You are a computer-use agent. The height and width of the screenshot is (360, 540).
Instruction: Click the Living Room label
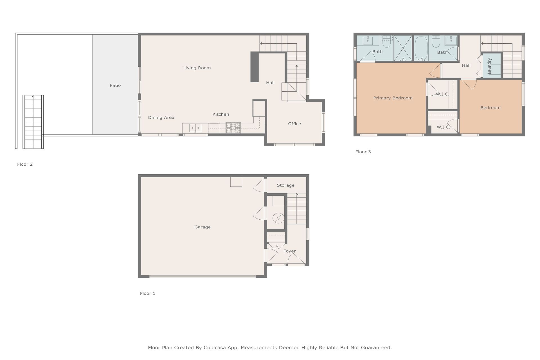[x=197, y=68]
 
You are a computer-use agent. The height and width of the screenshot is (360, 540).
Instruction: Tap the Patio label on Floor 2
[x=115, y=85]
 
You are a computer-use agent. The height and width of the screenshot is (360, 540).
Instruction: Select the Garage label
[x=202, y=227]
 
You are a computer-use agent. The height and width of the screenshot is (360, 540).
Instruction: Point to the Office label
[x=294, y=124]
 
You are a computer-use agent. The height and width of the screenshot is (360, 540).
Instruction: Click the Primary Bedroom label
[x=393, y=98]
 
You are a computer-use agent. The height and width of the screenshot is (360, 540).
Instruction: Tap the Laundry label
[x=489, y=66]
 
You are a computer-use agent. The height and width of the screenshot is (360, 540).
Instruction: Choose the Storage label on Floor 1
[x=286, y=185]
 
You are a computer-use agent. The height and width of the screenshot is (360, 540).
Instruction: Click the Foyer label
[x=290, y=251]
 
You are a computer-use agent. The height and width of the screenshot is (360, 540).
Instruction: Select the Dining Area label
[x=161, y=118]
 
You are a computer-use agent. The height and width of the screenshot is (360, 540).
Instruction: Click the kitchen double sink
[x=195, y=128]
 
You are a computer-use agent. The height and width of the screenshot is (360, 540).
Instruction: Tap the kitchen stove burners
[x=233, y=128]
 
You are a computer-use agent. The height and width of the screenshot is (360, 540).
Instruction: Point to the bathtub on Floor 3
[x=421, y=48]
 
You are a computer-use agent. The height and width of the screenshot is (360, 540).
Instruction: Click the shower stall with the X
[x=403, y=48]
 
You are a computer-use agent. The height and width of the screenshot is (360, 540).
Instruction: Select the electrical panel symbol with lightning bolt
[x=278, y=218]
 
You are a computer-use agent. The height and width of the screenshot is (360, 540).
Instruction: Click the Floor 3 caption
[x=363, y=152]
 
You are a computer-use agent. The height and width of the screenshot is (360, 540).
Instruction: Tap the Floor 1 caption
[x=148, y=293]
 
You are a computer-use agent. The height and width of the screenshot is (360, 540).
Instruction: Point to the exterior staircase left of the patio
[x=33, y=122]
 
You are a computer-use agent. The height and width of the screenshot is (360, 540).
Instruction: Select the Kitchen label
[x=221, y=114]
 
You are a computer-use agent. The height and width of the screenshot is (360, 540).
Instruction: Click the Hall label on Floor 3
[x=466, y=66]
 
